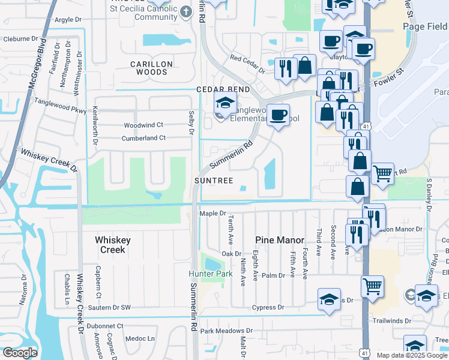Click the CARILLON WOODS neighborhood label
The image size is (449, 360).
pyautogui.click(x=152, y=68)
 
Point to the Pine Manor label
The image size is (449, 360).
pyautogui.click(x=279, y=240)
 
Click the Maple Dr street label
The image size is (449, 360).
pyautogui.click(x=212, y=213)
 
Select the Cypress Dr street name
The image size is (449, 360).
pyautogui.click(x=268, y=307)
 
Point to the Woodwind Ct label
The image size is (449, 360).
pyautogui.click(x=143, y=125)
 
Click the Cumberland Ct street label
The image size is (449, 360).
pyautogui.click(x=143, y=138)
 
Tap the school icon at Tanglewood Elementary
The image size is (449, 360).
pyautogui.click(x=225, y=103)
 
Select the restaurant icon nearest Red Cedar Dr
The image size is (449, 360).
pyautogui.click(x=285, y=67)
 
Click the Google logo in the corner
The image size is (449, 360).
pyautogui.click(x=20, y=353)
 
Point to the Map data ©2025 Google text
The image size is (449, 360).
pyautogui.click(x=412, y=355)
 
